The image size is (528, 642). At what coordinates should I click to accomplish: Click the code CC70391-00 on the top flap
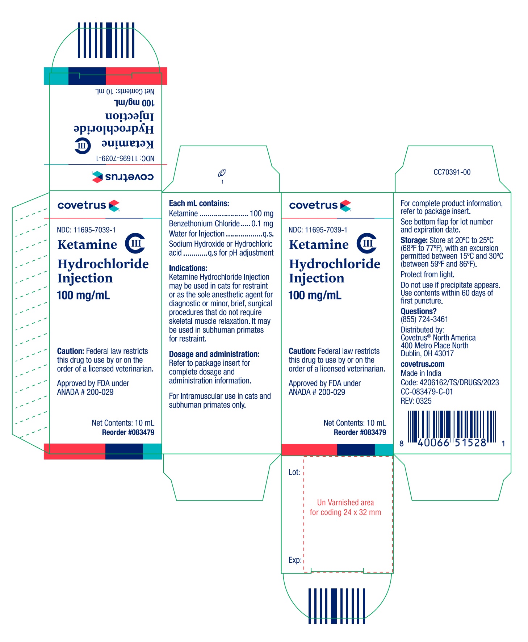(452, 172)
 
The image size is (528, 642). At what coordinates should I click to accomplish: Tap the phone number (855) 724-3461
(424, 319)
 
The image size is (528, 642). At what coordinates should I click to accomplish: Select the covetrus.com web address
(422, 364)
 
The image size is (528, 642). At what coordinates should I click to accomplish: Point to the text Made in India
(421, 373)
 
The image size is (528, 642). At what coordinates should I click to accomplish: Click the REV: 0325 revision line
(416, 401)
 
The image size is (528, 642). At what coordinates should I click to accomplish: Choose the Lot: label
(294, 472)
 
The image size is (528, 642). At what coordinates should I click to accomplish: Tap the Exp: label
(295, 560)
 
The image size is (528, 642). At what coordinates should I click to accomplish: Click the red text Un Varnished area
(345, 503)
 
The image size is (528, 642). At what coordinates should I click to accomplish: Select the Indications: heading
(188, 268)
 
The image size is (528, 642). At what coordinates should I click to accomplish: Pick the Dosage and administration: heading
(214, 354)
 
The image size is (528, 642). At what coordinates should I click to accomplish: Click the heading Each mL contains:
(199, 203)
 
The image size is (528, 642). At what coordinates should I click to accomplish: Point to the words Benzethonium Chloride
(204, 224)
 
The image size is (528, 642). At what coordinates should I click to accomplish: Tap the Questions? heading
(418, 311)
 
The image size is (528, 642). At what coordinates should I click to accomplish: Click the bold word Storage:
(414, 240)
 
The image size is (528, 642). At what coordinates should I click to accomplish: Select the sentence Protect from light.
(427, 274)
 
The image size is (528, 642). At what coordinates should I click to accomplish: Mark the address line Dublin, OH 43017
(427, 353)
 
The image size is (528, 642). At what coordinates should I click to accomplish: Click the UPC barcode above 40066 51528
(452, 426)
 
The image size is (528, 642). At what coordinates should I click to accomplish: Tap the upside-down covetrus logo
(123, 177)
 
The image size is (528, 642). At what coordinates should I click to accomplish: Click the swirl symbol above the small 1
(222, 173)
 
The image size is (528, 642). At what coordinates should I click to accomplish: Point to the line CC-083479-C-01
(427, 392)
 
